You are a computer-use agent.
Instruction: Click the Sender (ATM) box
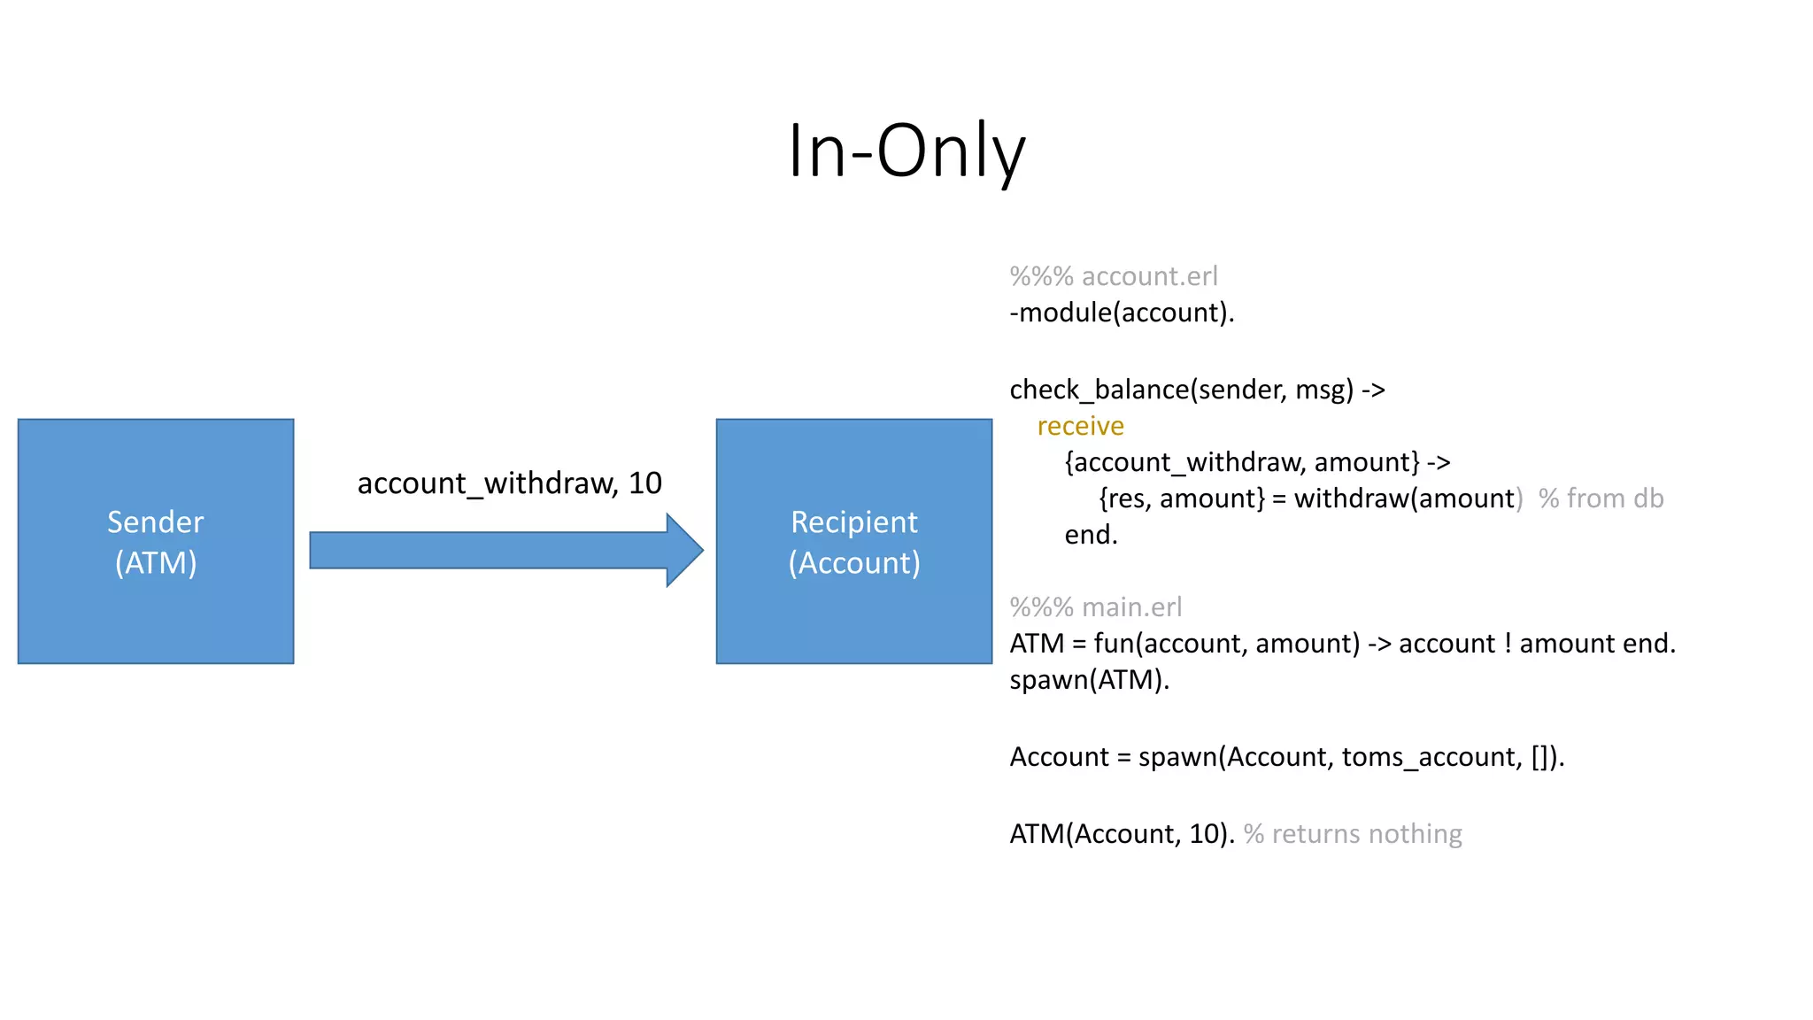point(156,541)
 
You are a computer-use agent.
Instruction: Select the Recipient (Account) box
point(853,541)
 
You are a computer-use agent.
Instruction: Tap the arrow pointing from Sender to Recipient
point(505,550)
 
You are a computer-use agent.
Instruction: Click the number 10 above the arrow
point(644,483)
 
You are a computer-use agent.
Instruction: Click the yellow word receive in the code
point(1080,426)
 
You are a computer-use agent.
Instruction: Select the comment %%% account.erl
point(1114,276)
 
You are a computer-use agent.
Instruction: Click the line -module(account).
point(1122,313)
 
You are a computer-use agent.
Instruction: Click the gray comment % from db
point(1601,498)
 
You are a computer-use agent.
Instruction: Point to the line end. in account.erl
point(1091,535)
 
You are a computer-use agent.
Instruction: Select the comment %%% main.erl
point(1096,607)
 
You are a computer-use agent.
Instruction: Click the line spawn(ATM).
point(1089,680)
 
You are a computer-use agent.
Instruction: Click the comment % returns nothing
point(1353,834)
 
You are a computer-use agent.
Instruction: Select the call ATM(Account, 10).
point(1122,834)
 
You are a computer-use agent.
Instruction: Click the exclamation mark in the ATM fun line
point(1508,644)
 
